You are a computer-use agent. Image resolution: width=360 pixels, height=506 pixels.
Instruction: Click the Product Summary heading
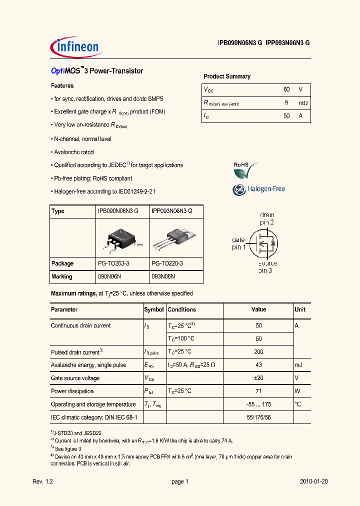tap(226, 76)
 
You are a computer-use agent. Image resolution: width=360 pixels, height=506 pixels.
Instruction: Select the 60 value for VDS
tap(286, 89)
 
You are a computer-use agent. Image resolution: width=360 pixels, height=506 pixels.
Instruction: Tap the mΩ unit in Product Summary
tap(302, 103)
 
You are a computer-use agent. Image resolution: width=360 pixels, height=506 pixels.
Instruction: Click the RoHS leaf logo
tap(246, 170)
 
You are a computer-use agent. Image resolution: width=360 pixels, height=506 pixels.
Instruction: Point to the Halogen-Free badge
tap(258, 189)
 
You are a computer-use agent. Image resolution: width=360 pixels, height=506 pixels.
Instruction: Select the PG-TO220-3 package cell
tap(167, 263)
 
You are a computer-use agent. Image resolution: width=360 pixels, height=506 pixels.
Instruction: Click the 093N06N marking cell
tap(163, 276)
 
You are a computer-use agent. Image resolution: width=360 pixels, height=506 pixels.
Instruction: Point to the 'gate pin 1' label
tap(238, 243)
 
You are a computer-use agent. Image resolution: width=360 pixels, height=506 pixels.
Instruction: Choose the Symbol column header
tap(153, 309)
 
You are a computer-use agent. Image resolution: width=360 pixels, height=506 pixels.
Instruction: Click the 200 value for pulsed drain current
tap(258, 352)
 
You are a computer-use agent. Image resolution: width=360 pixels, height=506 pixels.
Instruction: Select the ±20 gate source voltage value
tap(258, 378)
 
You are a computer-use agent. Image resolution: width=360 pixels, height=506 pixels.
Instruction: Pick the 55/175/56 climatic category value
tap(258, 417)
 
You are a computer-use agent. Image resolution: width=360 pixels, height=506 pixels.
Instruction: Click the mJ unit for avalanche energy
tap(299, 365)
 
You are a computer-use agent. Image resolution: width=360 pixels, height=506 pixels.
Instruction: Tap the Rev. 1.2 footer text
tap(42, 481)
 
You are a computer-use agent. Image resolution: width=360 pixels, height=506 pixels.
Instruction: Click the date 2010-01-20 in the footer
tap(313, 481)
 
